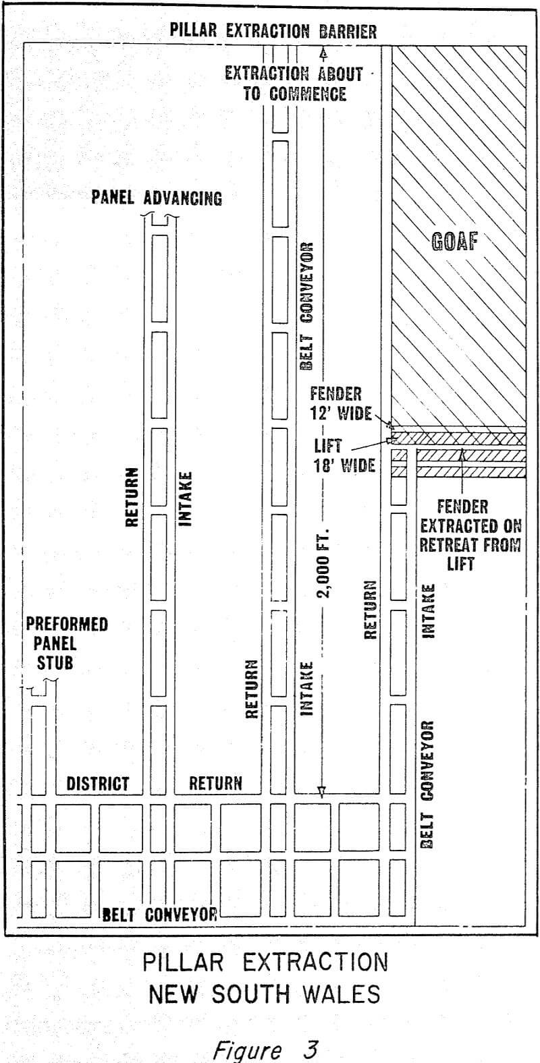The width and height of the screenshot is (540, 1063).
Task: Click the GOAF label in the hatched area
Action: tap(454, 241)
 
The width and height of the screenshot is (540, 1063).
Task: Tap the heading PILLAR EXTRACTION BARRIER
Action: tap(273, 31)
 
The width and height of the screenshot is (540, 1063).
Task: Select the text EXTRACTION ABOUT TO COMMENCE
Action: tap(294, 84)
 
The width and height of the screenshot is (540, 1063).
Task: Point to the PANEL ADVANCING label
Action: tap(157, 198)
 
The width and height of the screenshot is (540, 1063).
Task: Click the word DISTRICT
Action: tap(97, 783)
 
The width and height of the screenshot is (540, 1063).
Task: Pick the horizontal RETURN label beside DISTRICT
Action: tap(215, 783)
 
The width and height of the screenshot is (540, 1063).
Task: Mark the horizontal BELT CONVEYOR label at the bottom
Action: tap(160, 914)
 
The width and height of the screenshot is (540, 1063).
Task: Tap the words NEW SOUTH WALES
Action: tap(265, 994)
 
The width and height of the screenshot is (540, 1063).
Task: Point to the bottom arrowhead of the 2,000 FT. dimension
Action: tap(322, 792)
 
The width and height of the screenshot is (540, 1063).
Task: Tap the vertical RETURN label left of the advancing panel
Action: tap(132, 496)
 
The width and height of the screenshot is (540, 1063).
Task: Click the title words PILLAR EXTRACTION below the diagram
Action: tap(265, 962)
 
